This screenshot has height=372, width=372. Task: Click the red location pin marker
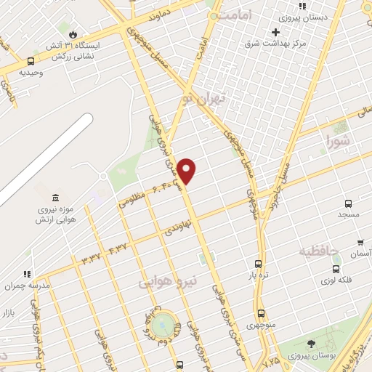[x=187, y=171]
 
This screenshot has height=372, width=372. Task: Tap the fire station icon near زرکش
[x=72, y=34]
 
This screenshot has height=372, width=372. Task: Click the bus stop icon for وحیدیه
[x=31, y=62]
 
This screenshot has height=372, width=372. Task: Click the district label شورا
[x=338, y=139]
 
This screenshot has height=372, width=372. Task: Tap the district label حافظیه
[x=319, y=252]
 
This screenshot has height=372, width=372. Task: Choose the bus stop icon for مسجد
[x=349, y=204]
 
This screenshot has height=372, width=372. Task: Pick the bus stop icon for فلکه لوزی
[x=336, y=270]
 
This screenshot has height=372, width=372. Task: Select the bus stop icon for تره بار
[x=259, y=264]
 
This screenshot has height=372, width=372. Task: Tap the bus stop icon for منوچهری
[x=261, y=314]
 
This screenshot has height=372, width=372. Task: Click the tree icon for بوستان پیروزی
[x=311, y=344]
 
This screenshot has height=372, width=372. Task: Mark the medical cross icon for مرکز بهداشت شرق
[x=275, y=32]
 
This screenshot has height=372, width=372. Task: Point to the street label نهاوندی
[x=177, y=230]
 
